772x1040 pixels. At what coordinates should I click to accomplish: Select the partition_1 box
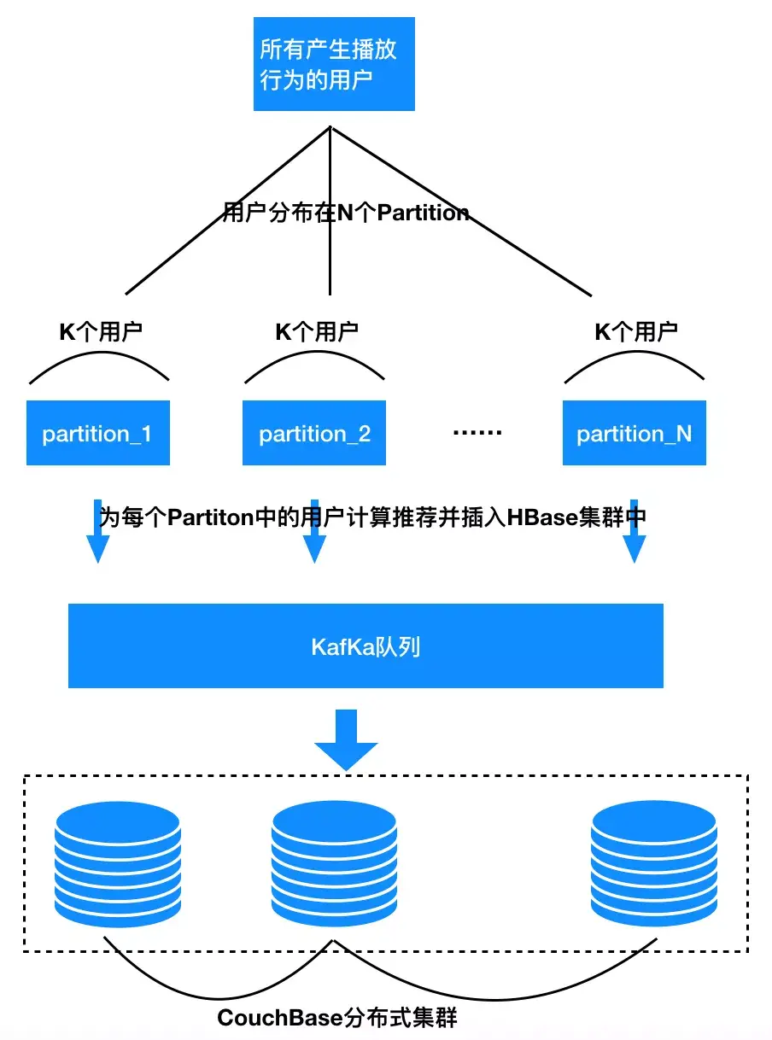point(97,433)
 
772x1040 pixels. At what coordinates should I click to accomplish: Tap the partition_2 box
point(314,433)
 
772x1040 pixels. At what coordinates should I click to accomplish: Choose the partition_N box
point(634,433)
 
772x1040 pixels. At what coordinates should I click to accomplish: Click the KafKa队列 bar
point(366,646)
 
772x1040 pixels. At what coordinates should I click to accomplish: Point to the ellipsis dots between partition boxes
point(477,433)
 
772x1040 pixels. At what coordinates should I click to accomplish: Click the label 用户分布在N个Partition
point(345,213)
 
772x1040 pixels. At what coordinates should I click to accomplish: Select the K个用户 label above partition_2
point(316,331)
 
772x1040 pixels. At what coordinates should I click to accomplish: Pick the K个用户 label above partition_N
point(635,331)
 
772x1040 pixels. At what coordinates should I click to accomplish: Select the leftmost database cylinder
point(117,863)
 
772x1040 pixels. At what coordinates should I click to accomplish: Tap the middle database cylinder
point(334,863)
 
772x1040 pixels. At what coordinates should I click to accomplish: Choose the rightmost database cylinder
point(653,863)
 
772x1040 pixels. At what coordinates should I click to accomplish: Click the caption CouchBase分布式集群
point(337,1018)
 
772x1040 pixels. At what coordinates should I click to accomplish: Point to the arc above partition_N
point(635,357)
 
